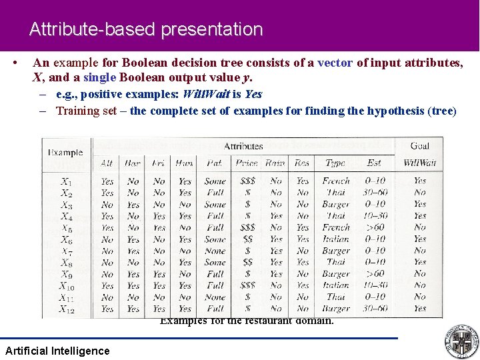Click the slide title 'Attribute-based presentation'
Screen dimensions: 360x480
pos(146,29)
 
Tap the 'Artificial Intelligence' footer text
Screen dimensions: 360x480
pos(57,351)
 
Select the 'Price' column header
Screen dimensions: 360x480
pos(246,163)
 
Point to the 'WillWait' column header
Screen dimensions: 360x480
pos(419,163)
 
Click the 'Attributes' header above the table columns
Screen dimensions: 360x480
pos(243,146)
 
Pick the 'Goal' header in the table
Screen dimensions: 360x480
pos(419,146)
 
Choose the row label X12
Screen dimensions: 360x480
pos(67,309)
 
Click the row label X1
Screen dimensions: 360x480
pos(66,181)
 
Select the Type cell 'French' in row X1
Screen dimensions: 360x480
pos(335,181)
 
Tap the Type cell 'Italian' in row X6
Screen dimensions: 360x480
pos(335,239)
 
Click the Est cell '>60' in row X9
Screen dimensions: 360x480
pos(375,274)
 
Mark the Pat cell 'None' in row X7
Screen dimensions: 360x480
pos(215,251)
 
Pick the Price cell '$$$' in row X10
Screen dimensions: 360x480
pos(247,285)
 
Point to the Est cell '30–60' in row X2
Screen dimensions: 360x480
pos(375,193)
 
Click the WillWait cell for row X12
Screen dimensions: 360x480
pos(419,309)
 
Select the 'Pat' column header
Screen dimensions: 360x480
pos(215,163)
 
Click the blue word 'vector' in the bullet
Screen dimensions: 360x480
pos(335,63)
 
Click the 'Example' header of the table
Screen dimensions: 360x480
pos(66,153)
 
